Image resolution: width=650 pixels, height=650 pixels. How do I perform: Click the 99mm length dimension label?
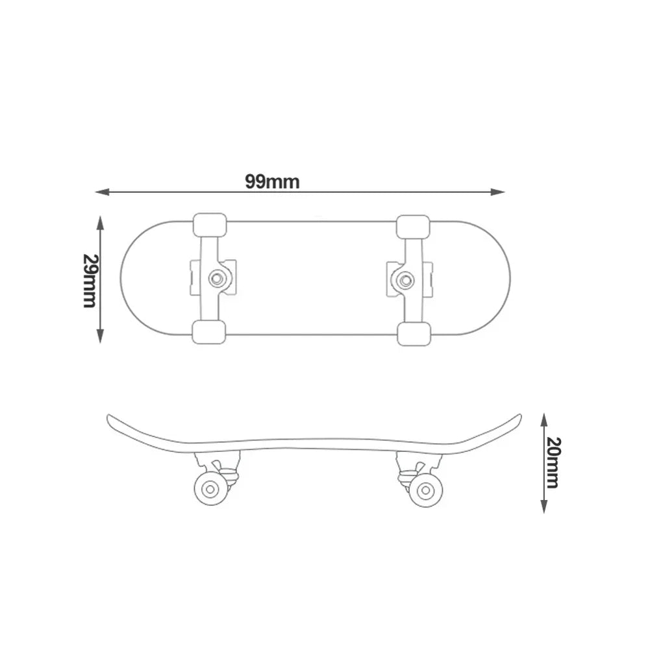point(272,181)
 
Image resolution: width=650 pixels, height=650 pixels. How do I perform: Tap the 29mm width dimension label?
point(90,280)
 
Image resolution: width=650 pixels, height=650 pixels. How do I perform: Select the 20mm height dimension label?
point(553,462)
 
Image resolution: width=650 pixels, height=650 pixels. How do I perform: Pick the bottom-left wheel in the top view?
point(209,332)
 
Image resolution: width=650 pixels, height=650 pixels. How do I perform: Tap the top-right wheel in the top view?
point(413,226)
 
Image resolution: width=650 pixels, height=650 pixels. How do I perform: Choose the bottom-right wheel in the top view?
point(413,333)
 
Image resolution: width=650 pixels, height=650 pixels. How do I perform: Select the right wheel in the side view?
point(426,490)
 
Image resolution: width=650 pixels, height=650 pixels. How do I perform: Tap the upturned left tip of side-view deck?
point(110,418)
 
